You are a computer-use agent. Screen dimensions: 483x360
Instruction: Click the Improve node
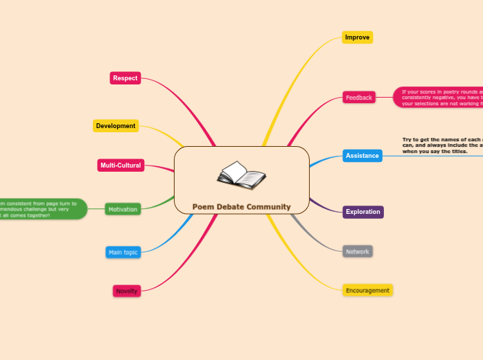coord(358,37)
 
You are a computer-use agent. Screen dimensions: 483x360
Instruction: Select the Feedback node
coord(359,98)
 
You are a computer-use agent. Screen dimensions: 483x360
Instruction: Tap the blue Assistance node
coord(362,156)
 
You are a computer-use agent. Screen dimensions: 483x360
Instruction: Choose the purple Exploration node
coord(363,212)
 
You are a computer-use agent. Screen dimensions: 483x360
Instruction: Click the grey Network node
coord(358,251)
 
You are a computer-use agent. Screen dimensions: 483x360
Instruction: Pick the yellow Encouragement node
coord(367,290)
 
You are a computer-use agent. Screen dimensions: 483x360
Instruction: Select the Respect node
coord(125,78)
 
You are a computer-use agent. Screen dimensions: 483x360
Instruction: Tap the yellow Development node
coord(116,126)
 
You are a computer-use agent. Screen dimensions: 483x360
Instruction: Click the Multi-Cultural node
coord(121,165)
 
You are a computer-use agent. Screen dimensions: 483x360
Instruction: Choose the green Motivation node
coord(123,209)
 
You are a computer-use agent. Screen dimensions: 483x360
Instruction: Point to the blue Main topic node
coord(123,253)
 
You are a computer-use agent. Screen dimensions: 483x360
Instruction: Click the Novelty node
coord(127,291)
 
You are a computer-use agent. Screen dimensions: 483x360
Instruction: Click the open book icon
coord(241,176)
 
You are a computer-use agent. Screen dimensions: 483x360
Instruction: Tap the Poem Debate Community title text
coord(241,207)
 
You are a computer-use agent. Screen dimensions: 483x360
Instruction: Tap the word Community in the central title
coord(269,207)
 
